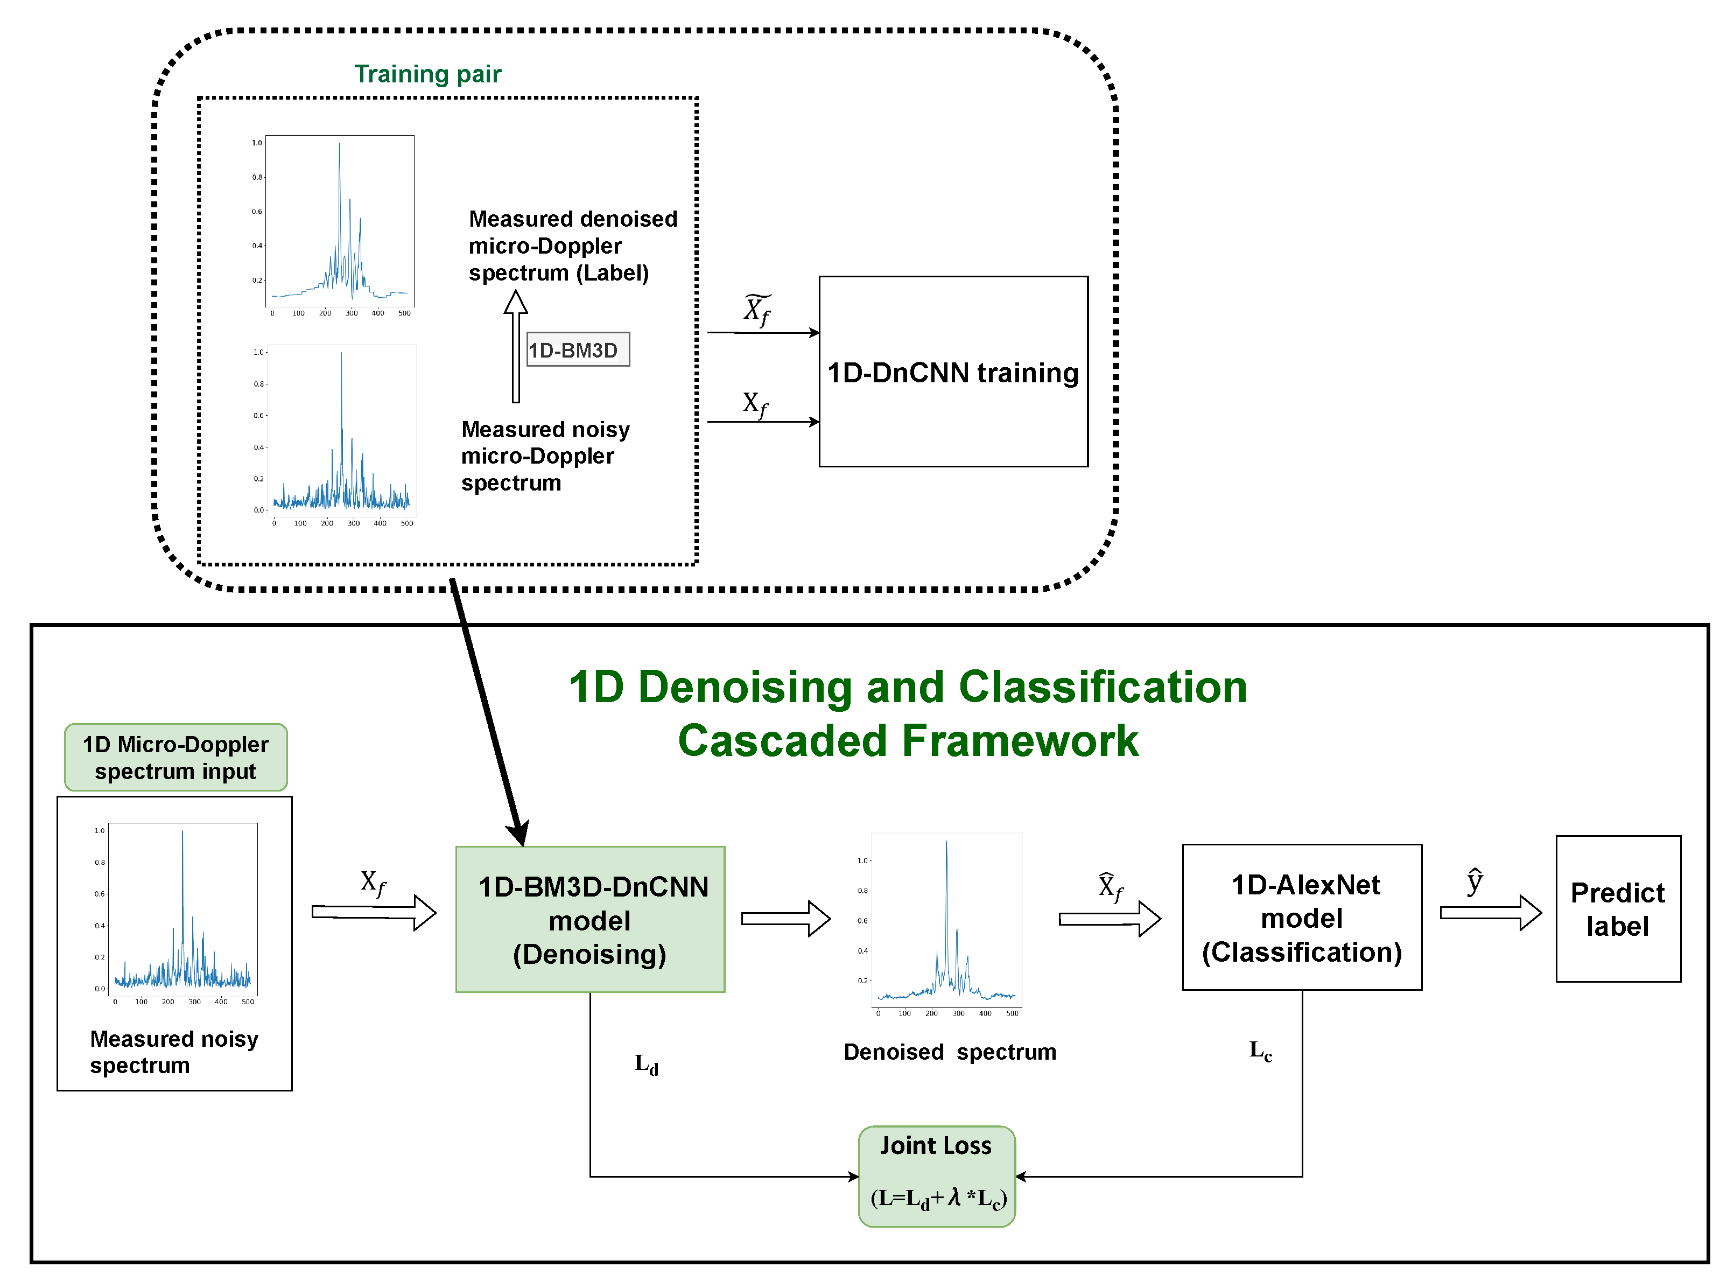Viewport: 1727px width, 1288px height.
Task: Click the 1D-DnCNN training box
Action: [952, 372]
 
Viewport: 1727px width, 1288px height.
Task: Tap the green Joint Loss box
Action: [936, 1175]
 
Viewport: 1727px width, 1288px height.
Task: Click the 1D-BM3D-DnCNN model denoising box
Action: [590, 919]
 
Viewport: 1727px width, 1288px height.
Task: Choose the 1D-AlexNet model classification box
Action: [1302, 917]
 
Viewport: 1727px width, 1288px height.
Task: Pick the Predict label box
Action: [1617, 908]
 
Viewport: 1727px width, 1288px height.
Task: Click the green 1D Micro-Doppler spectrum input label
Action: [175, 757]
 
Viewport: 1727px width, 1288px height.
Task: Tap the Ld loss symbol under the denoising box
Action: [646, 1064]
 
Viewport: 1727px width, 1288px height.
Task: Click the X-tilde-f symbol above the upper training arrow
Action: [756, 310]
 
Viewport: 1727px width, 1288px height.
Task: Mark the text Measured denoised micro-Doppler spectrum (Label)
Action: [572, 246]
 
